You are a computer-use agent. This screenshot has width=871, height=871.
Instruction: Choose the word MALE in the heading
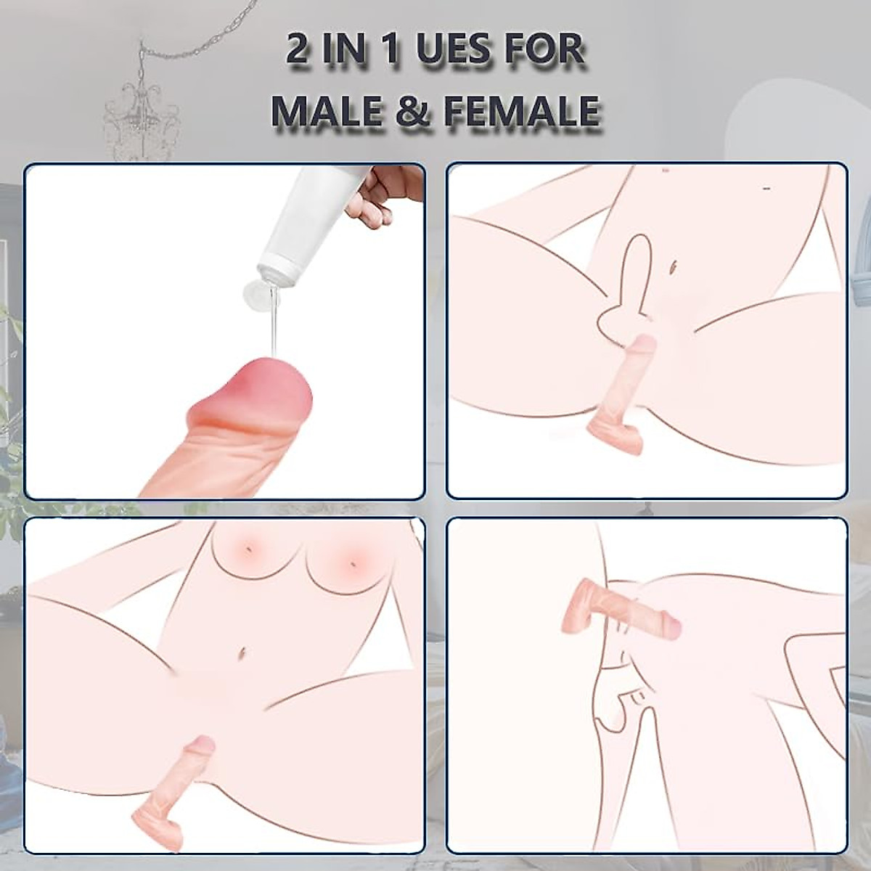point(332,111)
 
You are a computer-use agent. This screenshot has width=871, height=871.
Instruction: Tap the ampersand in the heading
point(414,111)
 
